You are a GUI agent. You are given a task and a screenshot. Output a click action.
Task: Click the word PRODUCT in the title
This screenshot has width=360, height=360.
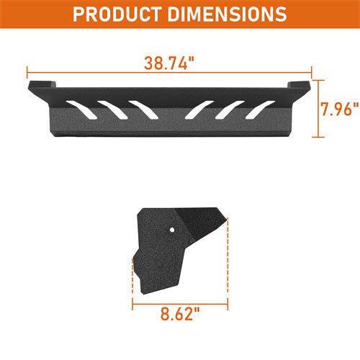click(x=120, y=14)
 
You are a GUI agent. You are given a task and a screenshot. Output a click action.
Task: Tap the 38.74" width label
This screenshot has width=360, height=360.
click(x=169, y=64)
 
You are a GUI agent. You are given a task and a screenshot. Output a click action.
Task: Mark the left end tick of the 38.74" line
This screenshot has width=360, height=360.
click(x=27, y=72)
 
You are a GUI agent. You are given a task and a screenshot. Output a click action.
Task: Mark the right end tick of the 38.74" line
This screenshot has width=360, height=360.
click(x=312, y=72)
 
